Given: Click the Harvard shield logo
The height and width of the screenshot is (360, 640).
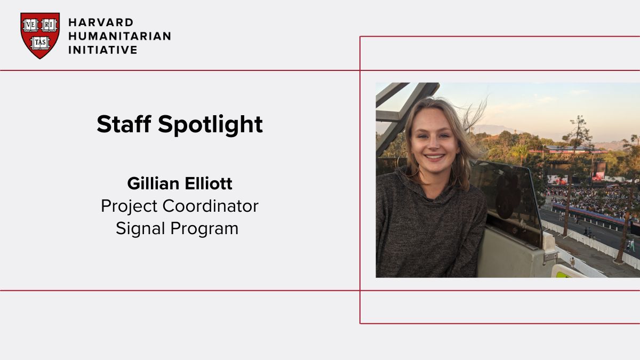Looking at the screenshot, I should coord(40,35).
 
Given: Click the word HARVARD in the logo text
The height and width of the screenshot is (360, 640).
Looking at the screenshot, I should coord(101,22).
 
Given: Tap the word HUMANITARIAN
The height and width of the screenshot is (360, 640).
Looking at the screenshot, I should coord(119,36).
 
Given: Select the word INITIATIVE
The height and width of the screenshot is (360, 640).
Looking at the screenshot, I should coord(103,50).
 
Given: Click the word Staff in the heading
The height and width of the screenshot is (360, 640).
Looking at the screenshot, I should coord(124,124).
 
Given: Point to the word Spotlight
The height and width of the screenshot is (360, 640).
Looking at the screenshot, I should coord(211,125).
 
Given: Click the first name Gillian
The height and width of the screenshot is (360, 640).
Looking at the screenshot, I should coord(151,184).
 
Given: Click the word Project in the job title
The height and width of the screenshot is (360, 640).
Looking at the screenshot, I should coord(129,206).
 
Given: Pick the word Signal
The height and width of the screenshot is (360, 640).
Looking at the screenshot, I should coord(140,228).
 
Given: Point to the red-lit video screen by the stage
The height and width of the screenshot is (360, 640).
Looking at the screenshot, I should coord(599,171).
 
